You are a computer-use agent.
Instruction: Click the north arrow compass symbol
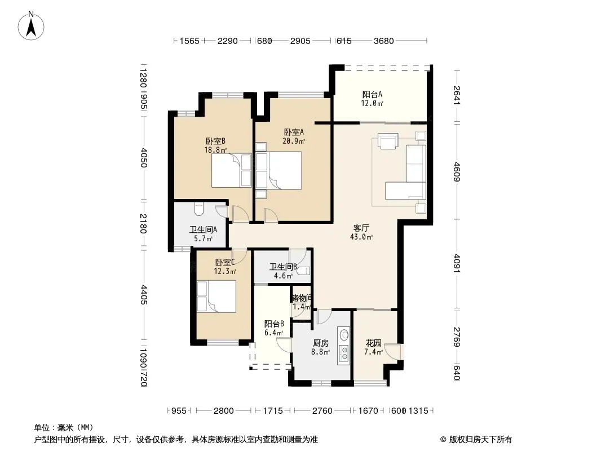[31, 26]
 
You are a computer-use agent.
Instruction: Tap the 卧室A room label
[294, 132]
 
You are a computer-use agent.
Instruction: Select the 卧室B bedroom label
[215, 141]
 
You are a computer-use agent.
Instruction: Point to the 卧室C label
[224, 263]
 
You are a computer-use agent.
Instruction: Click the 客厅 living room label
[361, 228]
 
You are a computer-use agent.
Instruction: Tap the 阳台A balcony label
[372, 94]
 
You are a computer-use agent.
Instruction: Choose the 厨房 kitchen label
[320, 343]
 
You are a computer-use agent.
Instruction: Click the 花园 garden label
[373, 343]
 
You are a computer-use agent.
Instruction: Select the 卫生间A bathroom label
[203, 229]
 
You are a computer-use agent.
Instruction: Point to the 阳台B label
[274, 324]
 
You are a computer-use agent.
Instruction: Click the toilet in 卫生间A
[198, 209]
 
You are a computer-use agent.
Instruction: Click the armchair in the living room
[388, 140]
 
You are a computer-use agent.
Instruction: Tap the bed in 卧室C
[216, 297]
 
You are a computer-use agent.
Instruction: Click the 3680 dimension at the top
[384, 41]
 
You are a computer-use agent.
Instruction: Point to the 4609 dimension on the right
[457, 171]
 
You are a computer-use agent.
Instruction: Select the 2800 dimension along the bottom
[223, 411]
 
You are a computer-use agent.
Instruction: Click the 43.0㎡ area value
[361, 237]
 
